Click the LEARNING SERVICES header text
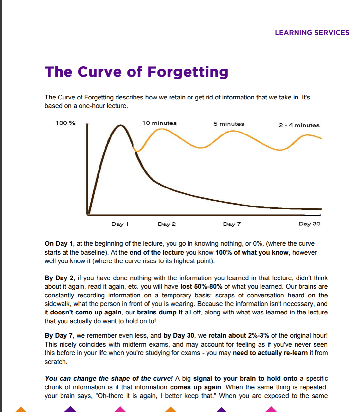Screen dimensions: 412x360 pyautogui.click(x=312, y=33)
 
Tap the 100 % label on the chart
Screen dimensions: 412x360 pyautogui.click(x=65, y=123)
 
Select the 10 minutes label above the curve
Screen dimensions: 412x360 pyautogui.click(x=159, y=123)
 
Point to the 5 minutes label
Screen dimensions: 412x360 pyautogui.click(x=229, y=124)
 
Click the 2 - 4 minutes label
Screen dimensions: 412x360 pyautogui.click(x=299, y=125)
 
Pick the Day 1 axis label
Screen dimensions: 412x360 pyautogui.click(x=120, y=224)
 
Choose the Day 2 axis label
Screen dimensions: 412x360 pyautogui.click(x=167, y=224)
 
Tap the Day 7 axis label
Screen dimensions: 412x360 pyautogui.click(x=232, y=224)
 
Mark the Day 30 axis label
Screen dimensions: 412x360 pyautogui.click(x=309, y=224)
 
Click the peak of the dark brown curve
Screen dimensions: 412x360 pyautogui.click(x=121, y=125)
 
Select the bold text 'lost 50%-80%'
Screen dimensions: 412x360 pyautogui.click(x=201, y=287)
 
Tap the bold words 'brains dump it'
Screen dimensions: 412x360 pyautogui.click(x=160, y=313)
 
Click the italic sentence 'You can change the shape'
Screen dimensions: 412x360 pyautogui.click(x=109, y=379)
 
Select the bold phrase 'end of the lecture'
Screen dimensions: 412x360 pyautogui.click(x=156, y=253)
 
